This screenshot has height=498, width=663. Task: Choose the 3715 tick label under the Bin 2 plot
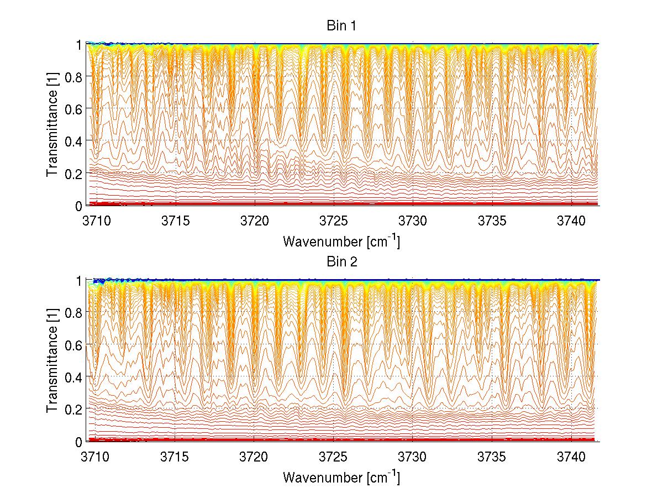tap(176, 458)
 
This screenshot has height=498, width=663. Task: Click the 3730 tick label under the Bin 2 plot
tap(413, 458)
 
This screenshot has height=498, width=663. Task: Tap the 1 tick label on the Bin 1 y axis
tap(79, 45)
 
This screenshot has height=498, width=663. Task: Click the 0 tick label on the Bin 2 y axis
tap(79, 442)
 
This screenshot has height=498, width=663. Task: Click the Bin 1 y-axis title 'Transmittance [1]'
tap(52, 125)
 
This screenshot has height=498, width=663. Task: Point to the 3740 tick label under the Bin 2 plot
tap(572, 458)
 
